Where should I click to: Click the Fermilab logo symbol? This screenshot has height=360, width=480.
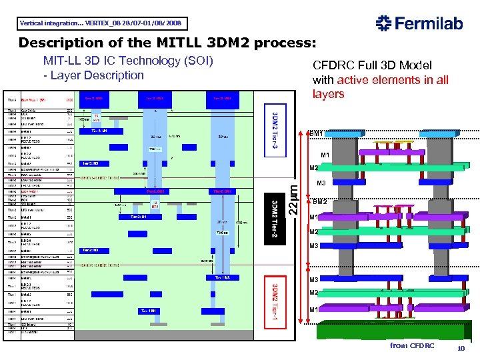(x=385, y=23)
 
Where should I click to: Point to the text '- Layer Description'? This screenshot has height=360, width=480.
(x=93, y=75)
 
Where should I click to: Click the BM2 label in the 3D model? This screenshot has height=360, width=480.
(x=320, y=201)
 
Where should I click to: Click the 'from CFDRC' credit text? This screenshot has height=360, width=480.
(x=412, y=345)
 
